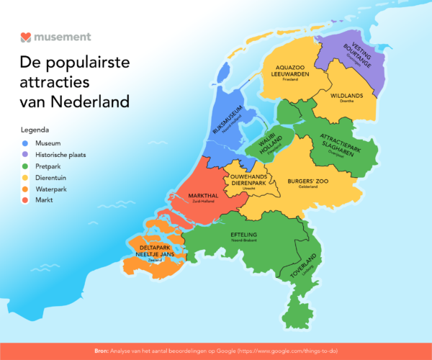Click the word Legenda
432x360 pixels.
(35, 130)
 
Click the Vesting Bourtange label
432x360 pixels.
(350, 53)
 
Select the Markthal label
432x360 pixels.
(203, 197)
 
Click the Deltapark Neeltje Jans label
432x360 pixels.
(160, 253)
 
